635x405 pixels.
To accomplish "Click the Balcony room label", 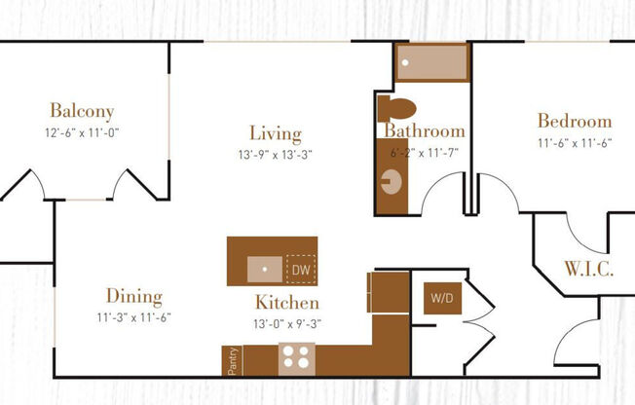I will (82, 111).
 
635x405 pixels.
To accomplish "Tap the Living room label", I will (275, 134).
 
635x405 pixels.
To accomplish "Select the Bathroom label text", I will (424, 131).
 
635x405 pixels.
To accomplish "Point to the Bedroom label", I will (575, 122).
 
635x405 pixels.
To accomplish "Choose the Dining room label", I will (134, 297).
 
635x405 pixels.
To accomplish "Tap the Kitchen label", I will (287, 303).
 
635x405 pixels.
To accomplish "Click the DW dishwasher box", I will (300, 268).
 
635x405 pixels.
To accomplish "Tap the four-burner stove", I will (296, 358).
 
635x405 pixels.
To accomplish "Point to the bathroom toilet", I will (397, 106).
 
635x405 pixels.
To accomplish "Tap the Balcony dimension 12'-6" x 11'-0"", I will (82, 132).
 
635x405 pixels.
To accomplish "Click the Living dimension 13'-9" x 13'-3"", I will (275, 154).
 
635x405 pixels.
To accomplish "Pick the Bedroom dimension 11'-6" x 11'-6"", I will (575, 143).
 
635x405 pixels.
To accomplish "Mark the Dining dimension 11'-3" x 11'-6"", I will (134, 317).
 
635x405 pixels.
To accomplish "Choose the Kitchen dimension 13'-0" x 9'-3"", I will (287, 323).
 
